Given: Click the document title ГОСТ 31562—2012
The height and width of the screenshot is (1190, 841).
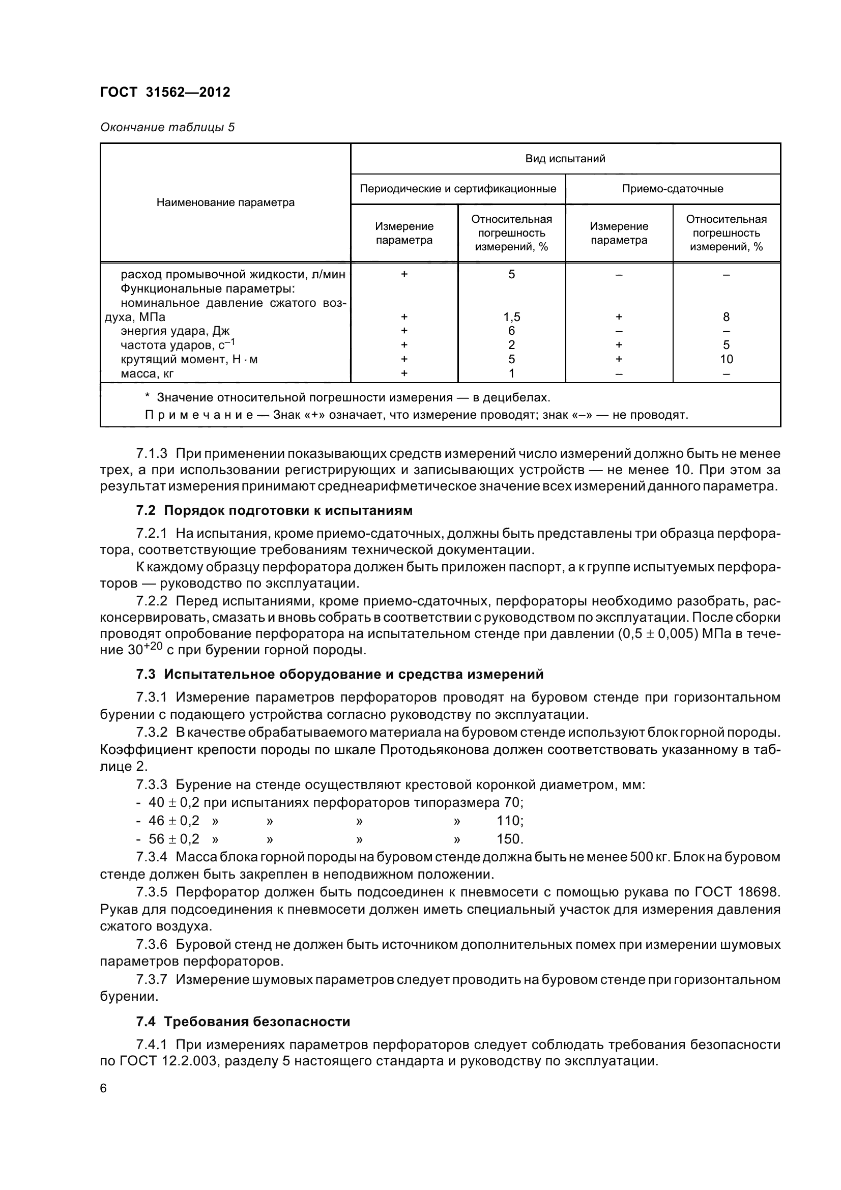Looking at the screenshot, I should tap(165, 92).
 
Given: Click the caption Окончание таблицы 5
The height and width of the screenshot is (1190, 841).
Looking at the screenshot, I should tap(167, 127).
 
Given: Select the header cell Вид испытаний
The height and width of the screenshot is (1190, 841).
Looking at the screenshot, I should tap(565, 159).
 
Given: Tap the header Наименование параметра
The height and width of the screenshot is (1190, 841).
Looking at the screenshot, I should tap(225, 202).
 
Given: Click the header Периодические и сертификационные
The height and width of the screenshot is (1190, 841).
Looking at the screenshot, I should tap(457, 189).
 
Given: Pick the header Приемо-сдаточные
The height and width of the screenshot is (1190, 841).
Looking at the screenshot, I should tap(672, 189).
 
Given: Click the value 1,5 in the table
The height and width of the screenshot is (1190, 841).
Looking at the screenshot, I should tap(511, 316).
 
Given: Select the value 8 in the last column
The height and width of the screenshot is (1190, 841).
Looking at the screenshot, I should tap(726, 316).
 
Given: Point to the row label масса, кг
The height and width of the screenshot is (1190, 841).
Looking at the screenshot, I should tap(147, 373).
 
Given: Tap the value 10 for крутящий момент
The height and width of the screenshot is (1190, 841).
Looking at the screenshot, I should tap(726, 359).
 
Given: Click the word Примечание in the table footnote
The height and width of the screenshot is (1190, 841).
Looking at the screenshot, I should tap(198, 415).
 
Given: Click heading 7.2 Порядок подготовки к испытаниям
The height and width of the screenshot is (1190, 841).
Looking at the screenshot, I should tap(274, 510).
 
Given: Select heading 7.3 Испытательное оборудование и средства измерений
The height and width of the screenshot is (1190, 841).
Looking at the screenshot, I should tap(339, 674).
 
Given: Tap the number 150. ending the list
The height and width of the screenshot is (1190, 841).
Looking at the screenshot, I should tap(510, 839).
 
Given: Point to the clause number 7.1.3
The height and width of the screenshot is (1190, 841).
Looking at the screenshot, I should tap(151, 453).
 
